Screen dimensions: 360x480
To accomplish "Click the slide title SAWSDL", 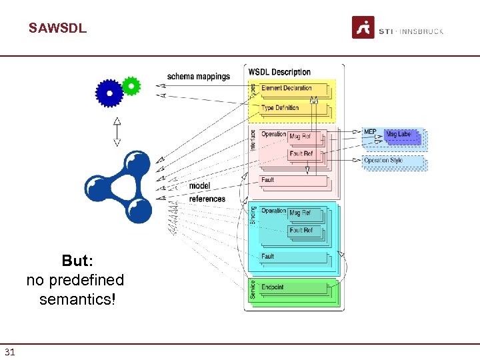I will pyautogui.click(x=57, y=29).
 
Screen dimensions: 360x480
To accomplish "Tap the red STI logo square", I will pyautogui.click(x=363, y=27).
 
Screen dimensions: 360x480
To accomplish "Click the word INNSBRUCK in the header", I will pyautogui.click(x=422, y=31).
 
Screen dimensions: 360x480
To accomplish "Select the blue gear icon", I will pyautogui.click(x=109, y=93).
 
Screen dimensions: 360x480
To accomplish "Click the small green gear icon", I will pyautogui.click(x=132, y=86).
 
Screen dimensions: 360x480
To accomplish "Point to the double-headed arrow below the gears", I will pyautogui.click(x=117, y=131).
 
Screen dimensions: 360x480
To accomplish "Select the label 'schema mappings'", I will pyautogui.click(x=198, y=77).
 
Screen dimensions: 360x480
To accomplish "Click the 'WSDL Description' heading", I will pyautogui.click(x=279, y=72).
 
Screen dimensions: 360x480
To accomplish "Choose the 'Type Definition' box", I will pyautogui.click(x=292, y=107).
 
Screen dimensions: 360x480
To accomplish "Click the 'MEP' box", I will pyautogui.click(x=371, y=133).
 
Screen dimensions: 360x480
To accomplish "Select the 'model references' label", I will pyautogui.click(x=207, y=192).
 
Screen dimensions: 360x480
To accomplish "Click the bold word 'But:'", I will pyautogui.click(x=77, y=261).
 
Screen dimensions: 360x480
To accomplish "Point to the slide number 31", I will pyautogui.click(x=10, y=352).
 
